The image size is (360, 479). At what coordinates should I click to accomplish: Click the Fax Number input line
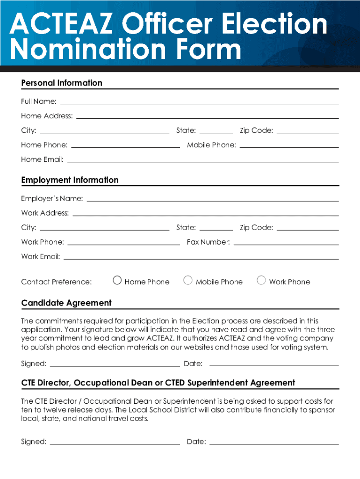click(x=286, y=243)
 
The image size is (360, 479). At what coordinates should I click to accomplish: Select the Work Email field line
click(x=201, y=257)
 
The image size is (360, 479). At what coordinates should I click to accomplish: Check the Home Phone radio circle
click(x=117, y=281)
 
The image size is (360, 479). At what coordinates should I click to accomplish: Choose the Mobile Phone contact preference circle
click(x=188, y=281)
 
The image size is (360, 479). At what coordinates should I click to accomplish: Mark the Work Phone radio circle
click(x=261, y=281)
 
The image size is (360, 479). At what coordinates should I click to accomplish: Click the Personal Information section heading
click(x=62, y=83)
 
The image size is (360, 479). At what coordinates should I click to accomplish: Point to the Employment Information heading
click(x=70, y=180)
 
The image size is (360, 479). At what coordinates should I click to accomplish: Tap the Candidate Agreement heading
click(x=66, y=303)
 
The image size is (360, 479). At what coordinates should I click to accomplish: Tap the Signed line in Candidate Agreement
click(x=115, y=364)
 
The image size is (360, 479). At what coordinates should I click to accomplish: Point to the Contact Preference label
click(x=57, y=282)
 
